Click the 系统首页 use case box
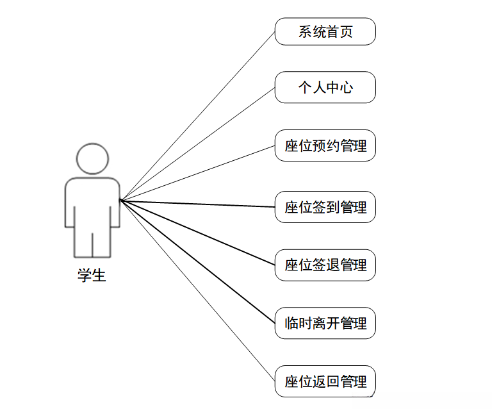(x=325, y=31)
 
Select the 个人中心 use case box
(x=325, y=87)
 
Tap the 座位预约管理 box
(x=325, y=146)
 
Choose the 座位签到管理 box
(x=325, y=207)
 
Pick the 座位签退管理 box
(x=325, y=265)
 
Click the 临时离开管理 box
(x=325, y=323)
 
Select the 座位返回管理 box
(x=325, y=382)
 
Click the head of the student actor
(x=92, y=158)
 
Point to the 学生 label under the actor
(x=92, y=276)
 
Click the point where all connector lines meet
(x=120, y=201)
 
